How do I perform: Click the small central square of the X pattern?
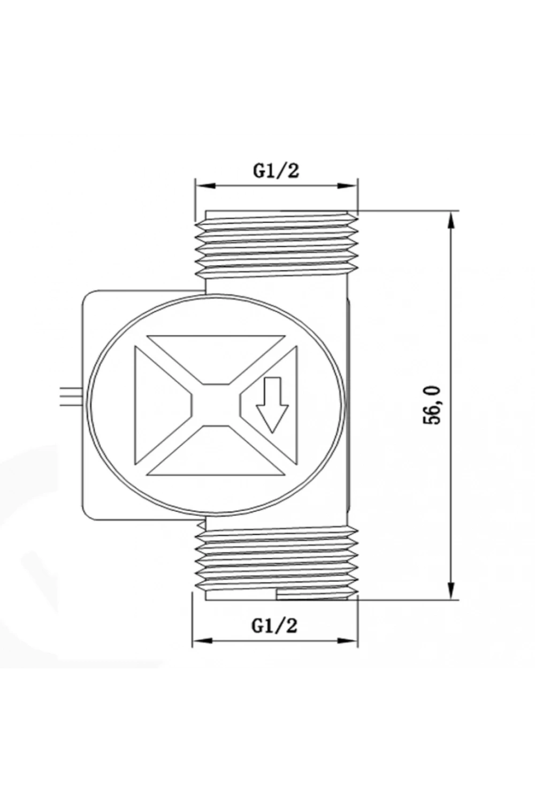tap(216, 405)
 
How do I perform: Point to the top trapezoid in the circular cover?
tap(216, 359)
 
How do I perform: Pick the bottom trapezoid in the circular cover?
tap(216, 451)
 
